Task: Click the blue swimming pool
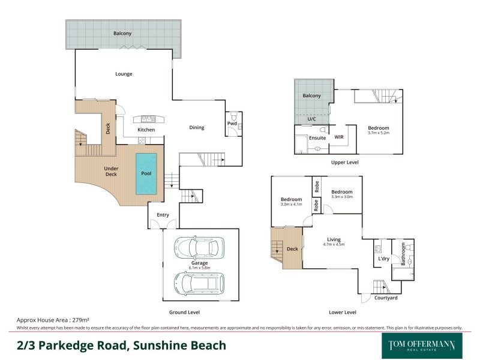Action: pyautogui.click(x=146, y=173)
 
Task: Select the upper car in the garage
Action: pyautogui.click(x=199, y=247)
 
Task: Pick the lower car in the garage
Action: pyautogui.click(x=199, y=283)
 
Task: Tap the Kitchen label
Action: pyautogui.click(x=146, y=130)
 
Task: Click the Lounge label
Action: pyautogui.click(x=124, y=74)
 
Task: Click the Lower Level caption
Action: pyautogui.click(x=343, y=312)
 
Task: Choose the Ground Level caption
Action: pyautogui.click(x=185, y=312)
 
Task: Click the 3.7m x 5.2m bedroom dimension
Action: pyautogui.click(x=379, y=134)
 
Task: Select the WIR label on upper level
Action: pyautogui.click(x=338, y=137)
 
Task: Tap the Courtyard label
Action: pyautogui.click(x=385, y=298)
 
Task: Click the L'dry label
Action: pyautogui.click(x=384, y=259)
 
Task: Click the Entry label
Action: pyautogui.click(x=163, y=215)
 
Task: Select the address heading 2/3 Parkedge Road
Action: pyautogui.click(x=121, y=346)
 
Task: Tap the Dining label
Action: pyautogui.click(x=197, y=127)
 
